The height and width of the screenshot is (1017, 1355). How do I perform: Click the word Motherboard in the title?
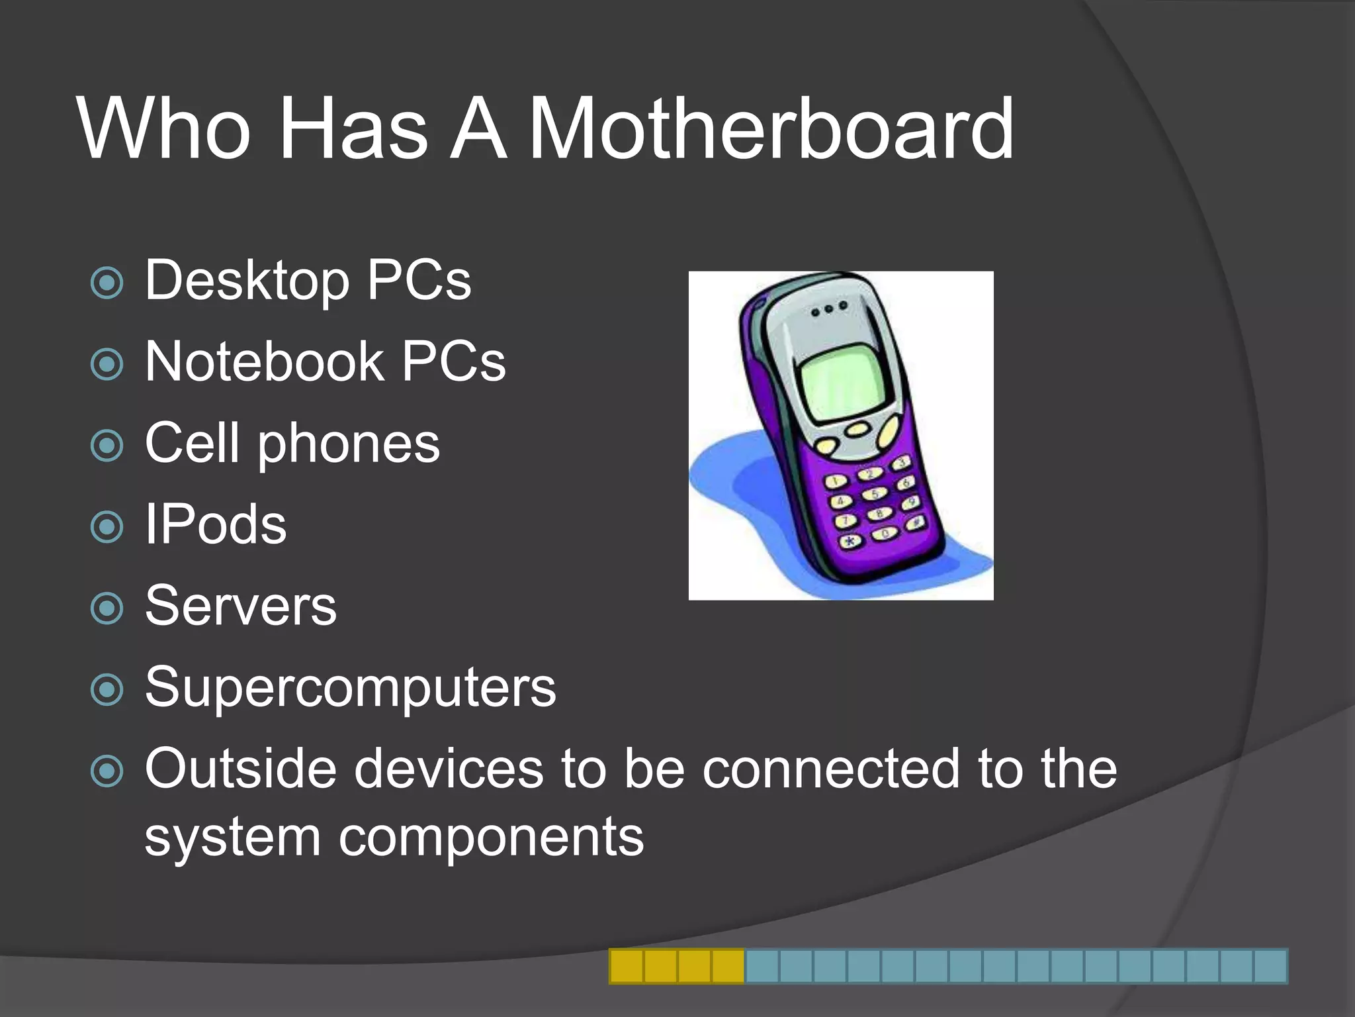(x=771, y=128)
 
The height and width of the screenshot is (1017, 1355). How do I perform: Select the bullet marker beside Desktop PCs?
(x=107, y=283)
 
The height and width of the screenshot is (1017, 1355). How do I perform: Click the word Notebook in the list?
(x=264, y=362)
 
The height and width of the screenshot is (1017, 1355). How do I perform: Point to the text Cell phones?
(x=292, y=444)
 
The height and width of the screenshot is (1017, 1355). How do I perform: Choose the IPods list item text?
(x=216, y=524)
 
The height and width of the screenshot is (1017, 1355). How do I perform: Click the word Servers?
(x=241, y=606)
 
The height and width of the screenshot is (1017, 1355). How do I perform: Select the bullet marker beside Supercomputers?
(x=107, y=689)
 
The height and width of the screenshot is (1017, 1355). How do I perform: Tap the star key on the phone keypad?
(x=851, y=541)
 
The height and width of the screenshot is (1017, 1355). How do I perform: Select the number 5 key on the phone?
(x=875, y=494)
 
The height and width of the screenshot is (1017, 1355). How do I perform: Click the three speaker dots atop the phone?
(x=828, y=309)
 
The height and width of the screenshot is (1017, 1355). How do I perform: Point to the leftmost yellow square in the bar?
(x=626, y=966)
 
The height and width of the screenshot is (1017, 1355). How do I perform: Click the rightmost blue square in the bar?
(x=1270, y=966)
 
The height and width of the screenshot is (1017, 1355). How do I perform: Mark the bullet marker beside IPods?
(x=107, y=527)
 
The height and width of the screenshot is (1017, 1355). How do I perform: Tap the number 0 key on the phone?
(x=885, y=533)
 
